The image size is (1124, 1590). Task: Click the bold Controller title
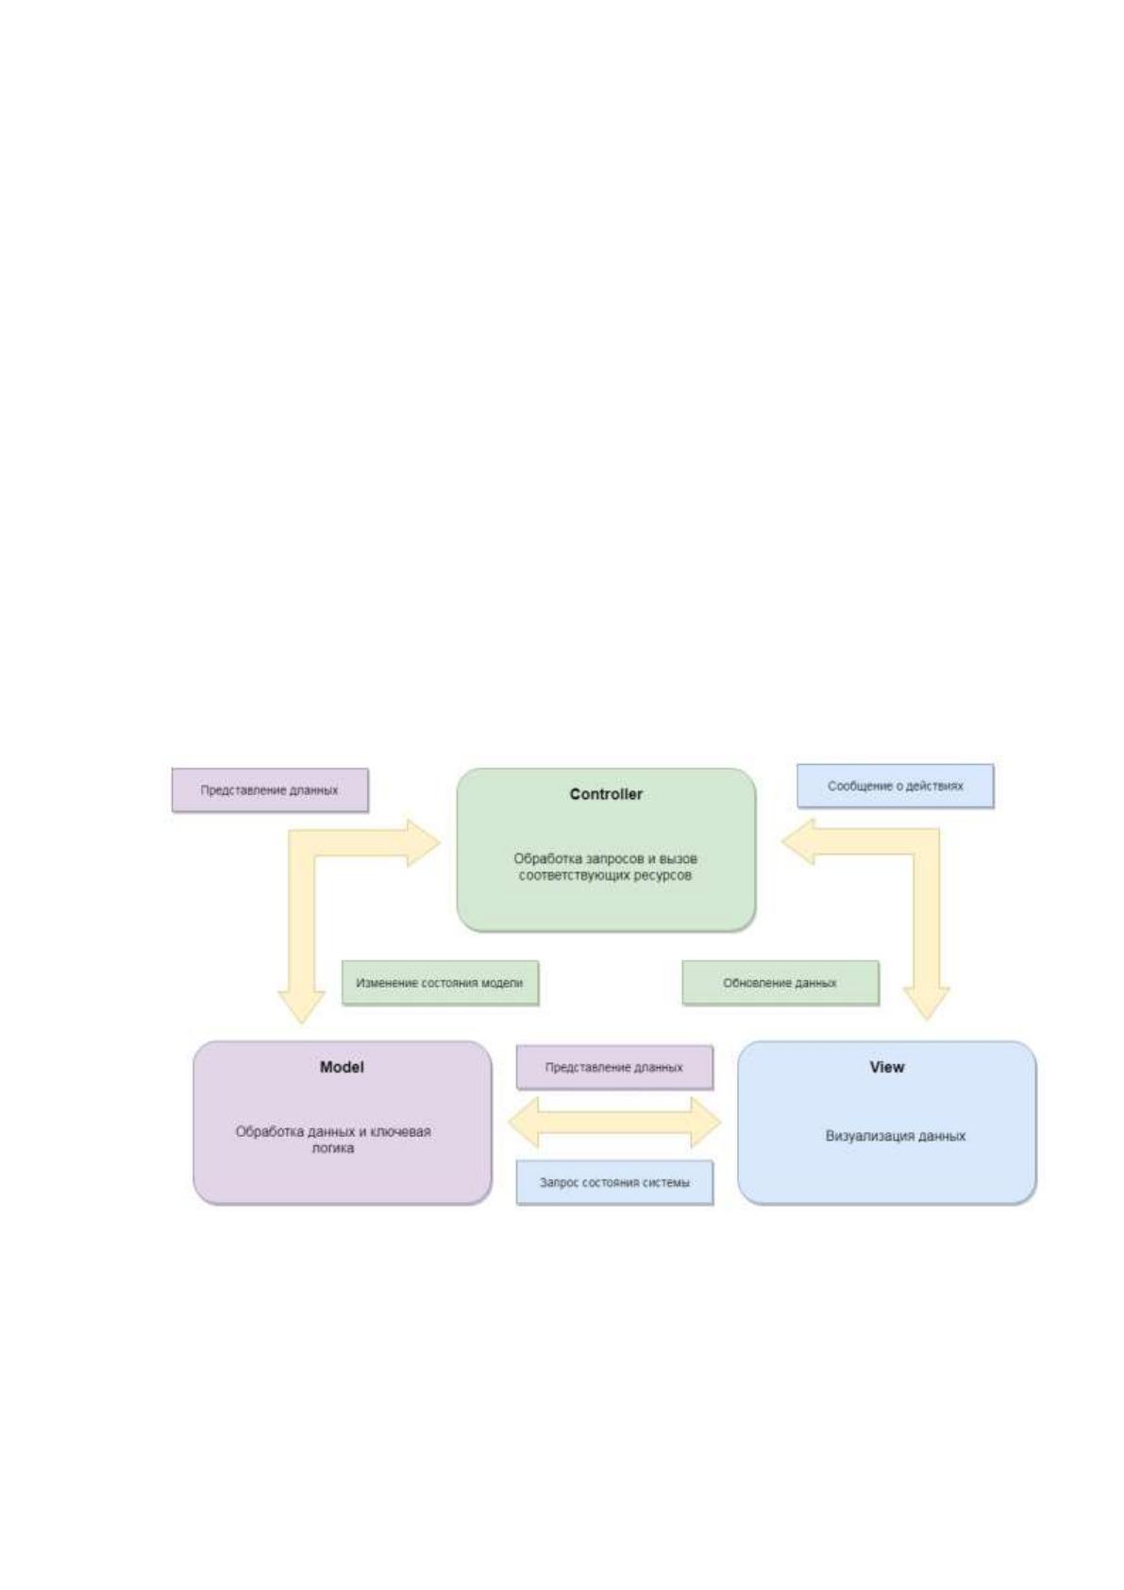(x=605, y=794)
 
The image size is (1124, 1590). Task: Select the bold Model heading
(x=342, y=1067)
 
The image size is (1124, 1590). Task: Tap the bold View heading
(x=886, y=1067)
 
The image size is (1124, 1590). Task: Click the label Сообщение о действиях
(x=895, y=786)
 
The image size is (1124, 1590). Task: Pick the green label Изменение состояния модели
(x=439, y=983)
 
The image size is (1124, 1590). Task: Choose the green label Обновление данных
(x=780, y=983)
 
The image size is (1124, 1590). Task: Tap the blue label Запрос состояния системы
(x=614, y=1182)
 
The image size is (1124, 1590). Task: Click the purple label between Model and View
(x=613, y=1067)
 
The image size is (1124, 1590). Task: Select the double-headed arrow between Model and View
(x=614, y=1123)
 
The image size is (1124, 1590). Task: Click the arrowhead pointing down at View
(x=926, y=1004)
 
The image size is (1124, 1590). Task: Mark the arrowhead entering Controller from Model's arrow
(x=424, y=842)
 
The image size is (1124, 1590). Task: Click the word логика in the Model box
(x=333, y=1148)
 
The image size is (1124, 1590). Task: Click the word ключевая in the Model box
(x=401, y=1131)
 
